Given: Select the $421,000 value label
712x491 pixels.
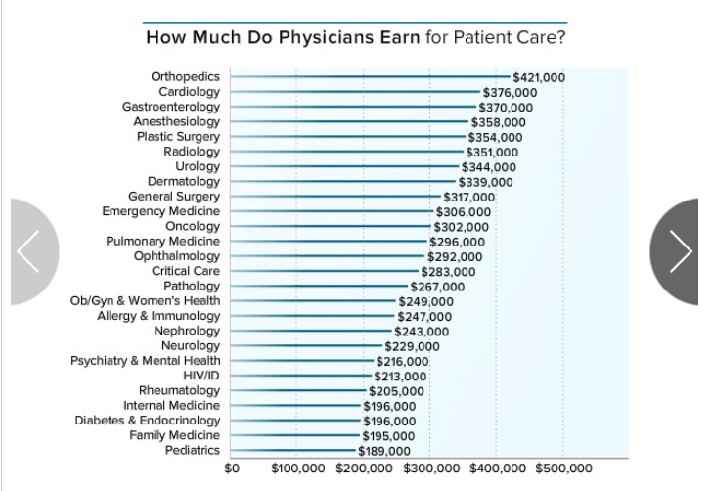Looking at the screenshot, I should click(538, 77).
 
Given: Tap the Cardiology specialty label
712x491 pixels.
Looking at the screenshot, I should click(190, 92).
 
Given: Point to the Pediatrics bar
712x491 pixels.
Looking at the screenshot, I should click(293, 451).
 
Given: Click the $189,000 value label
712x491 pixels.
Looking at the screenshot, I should click(384, 451).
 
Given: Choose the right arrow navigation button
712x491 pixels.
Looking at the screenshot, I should click(681, 251).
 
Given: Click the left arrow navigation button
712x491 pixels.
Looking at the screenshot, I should click(31, 251).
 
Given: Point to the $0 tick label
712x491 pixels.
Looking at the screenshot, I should click(232, 469).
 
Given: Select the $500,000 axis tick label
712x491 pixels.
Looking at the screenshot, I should click(563, 469).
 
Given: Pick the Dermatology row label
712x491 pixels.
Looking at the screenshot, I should click(184, 181).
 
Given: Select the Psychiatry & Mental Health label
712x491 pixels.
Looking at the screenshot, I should click(146, 361).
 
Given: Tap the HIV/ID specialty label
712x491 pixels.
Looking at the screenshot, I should click(201, 376).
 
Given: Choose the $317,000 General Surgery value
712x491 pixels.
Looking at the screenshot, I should click(469, 197).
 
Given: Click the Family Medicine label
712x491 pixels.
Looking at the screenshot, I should click(175, 435).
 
